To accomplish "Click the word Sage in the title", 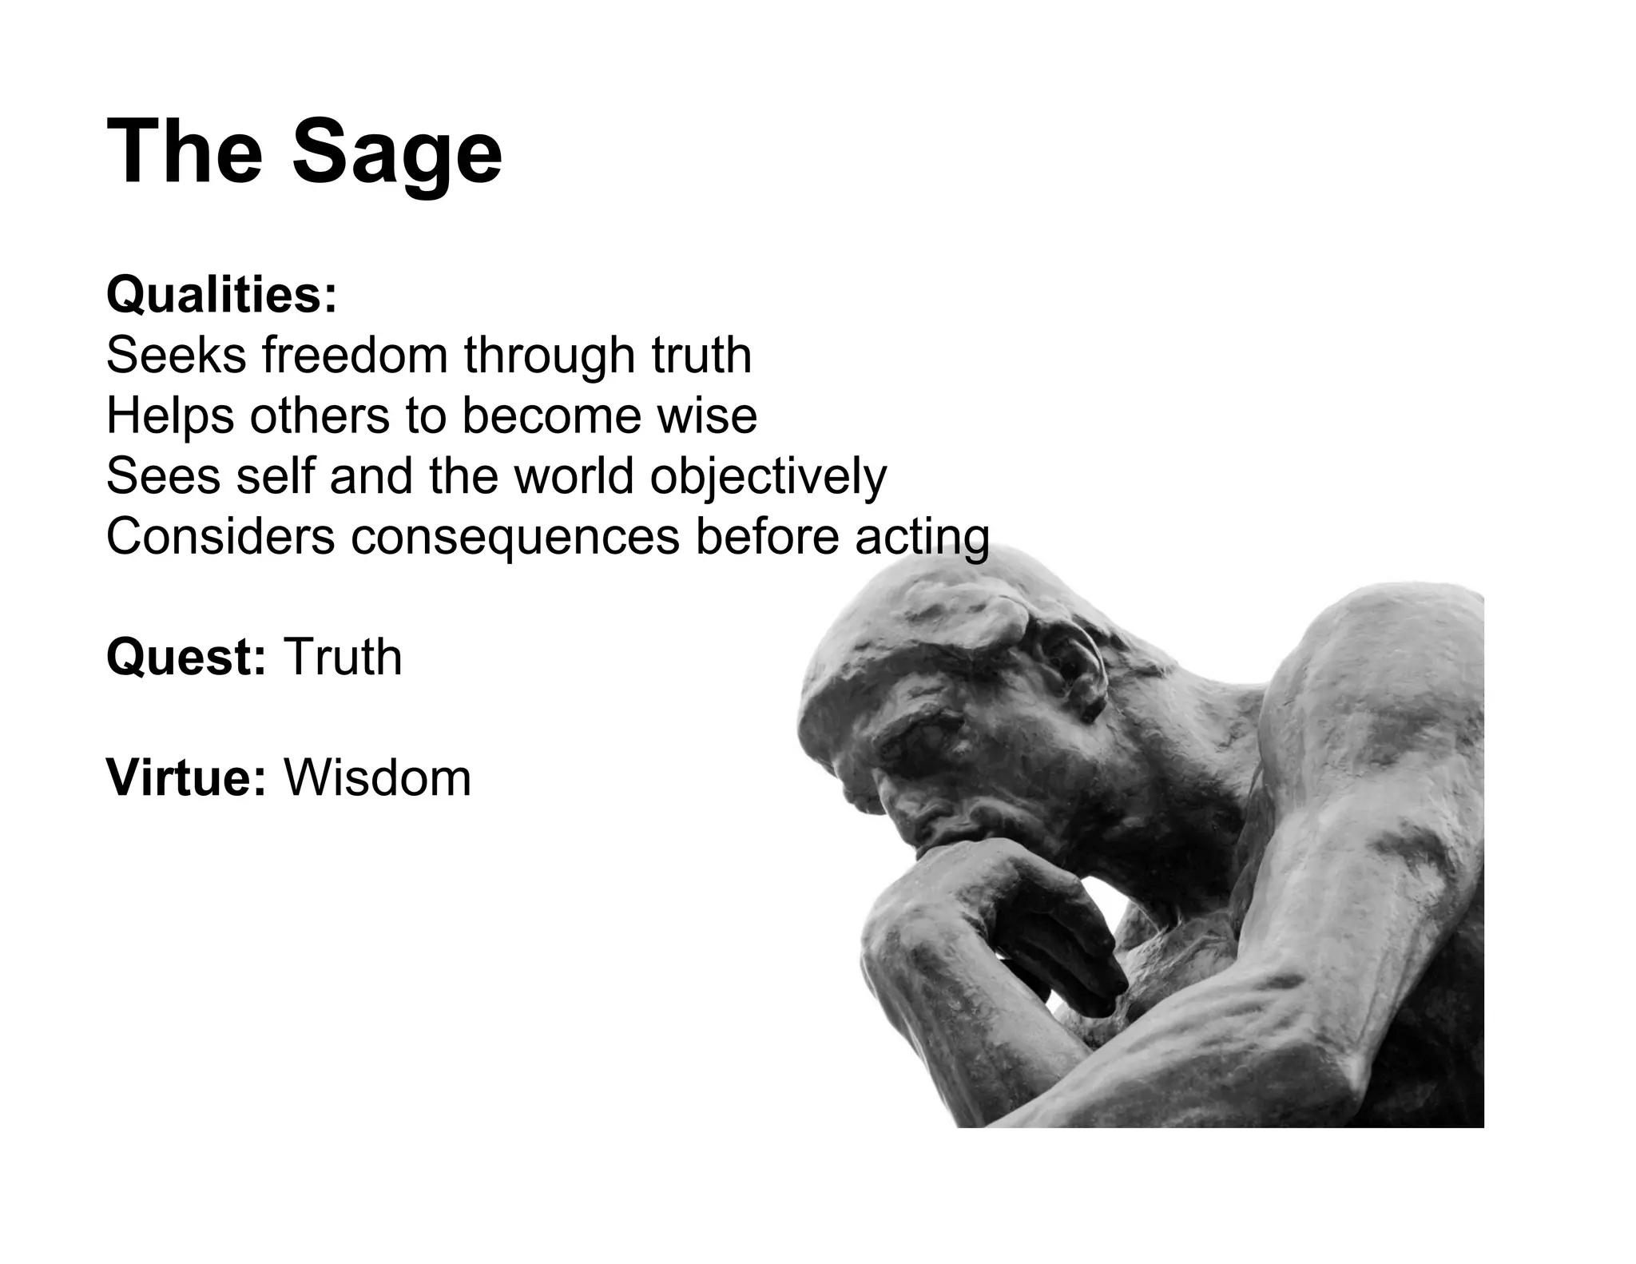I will tap(397, 153).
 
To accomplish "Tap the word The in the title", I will tap(185, 151).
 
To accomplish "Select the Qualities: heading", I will tap(222, 294).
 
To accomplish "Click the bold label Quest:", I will tap(186, 657).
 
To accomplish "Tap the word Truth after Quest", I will tap(343, 657).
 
